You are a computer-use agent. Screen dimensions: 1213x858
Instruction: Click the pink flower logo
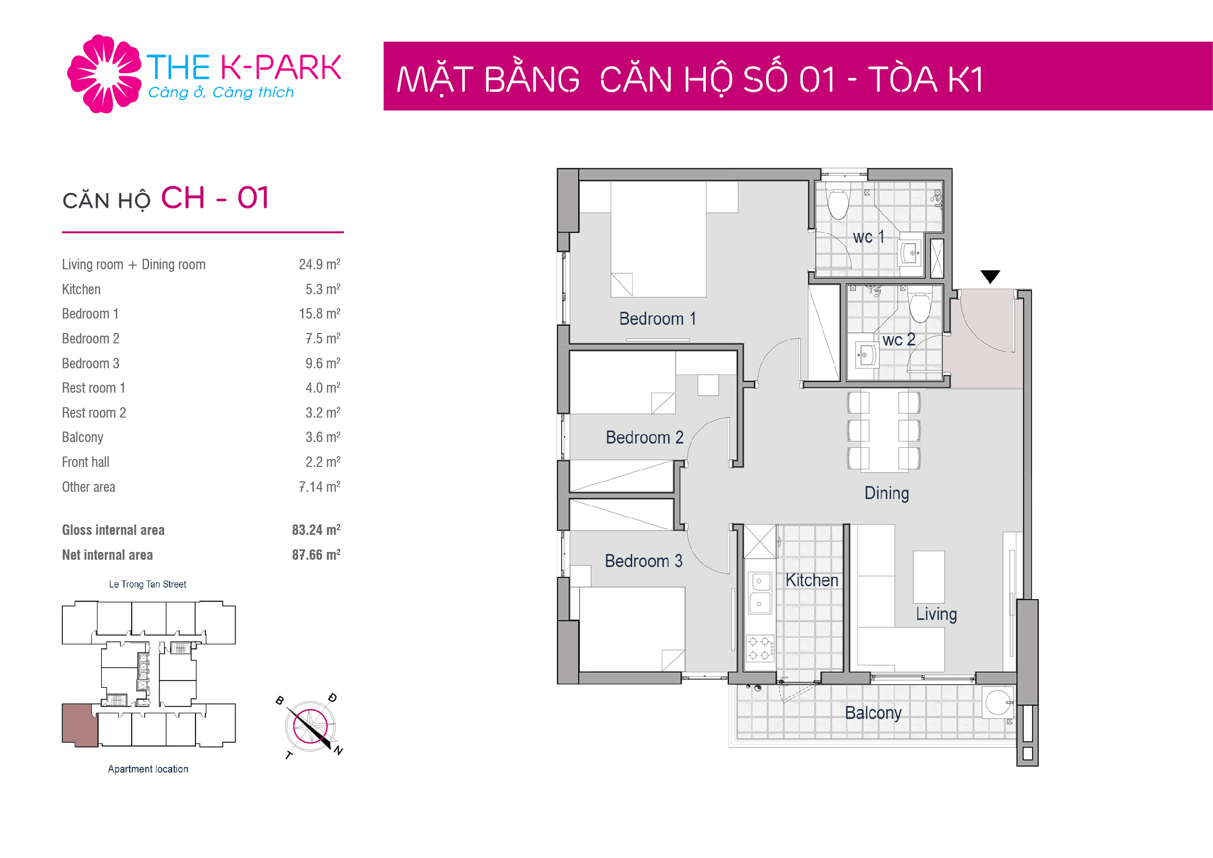click(104, 74)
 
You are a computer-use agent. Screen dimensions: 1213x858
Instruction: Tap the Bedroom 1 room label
click(658, 319)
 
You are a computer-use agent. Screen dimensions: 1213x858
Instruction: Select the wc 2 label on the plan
click(899, 339)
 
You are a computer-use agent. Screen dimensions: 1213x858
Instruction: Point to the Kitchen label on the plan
click(812, 580)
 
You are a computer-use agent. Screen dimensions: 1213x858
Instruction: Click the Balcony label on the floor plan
click(873, 713)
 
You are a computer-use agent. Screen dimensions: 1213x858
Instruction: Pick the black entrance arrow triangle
click(990, 276)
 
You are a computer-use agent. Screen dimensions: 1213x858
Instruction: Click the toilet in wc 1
click(838, 203)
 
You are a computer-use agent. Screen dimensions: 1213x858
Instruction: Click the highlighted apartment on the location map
click(80, 724)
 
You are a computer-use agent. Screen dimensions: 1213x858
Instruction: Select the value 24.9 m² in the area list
click(319, 264)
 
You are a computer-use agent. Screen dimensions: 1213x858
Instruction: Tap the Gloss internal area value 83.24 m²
click(316, 530)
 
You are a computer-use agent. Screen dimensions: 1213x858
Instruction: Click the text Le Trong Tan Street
click(147, 584)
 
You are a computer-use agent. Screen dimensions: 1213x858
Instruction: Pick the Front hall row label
click(86, 462)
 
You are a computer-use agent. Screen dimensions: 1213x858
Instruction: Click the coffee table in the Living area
click(928, 577)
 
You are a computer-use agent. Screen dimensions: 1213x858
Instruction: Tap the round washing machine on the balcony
click(998, 702)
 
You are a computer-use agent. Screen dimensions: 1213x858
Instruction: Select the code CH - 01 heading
click(215, 198)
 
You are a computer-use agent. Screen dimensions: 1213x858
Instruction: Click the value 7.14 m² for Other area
click(319, 487)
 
